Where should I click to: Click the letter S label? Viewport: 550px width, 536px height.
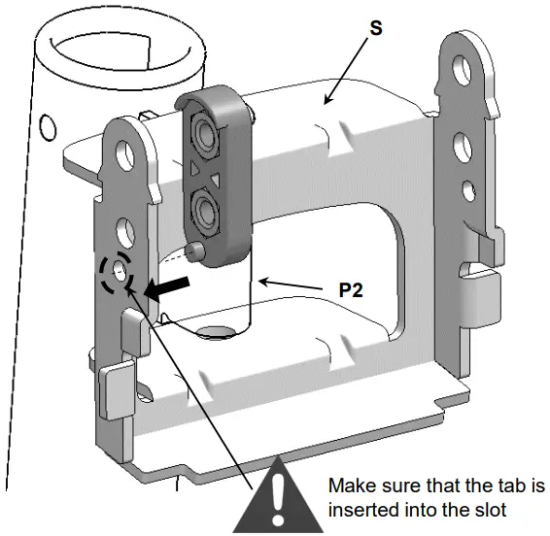pyautogui.click(x=375, y=27)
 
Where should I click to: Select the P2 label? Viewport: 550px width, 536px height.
pyautogui.click(x=350, y=290)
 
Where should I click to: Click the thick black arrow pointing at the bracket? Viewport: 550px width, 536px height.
pyautogui.click(x=161, y=286)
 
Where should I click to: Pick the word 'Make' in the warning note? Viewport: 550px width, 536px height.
pyautogui.click(x=350, y=485)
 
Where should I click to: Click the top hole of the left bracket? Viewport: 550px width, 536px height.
pyautogui.click(x=124, y=151)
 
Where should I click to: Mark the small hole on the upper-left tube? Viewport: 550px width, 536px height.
pyautogui.click(x=46, y=124)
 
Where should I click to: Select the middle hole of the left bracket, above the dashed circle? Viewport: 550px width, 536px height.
pyautogui.click(x=125, y=229)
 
